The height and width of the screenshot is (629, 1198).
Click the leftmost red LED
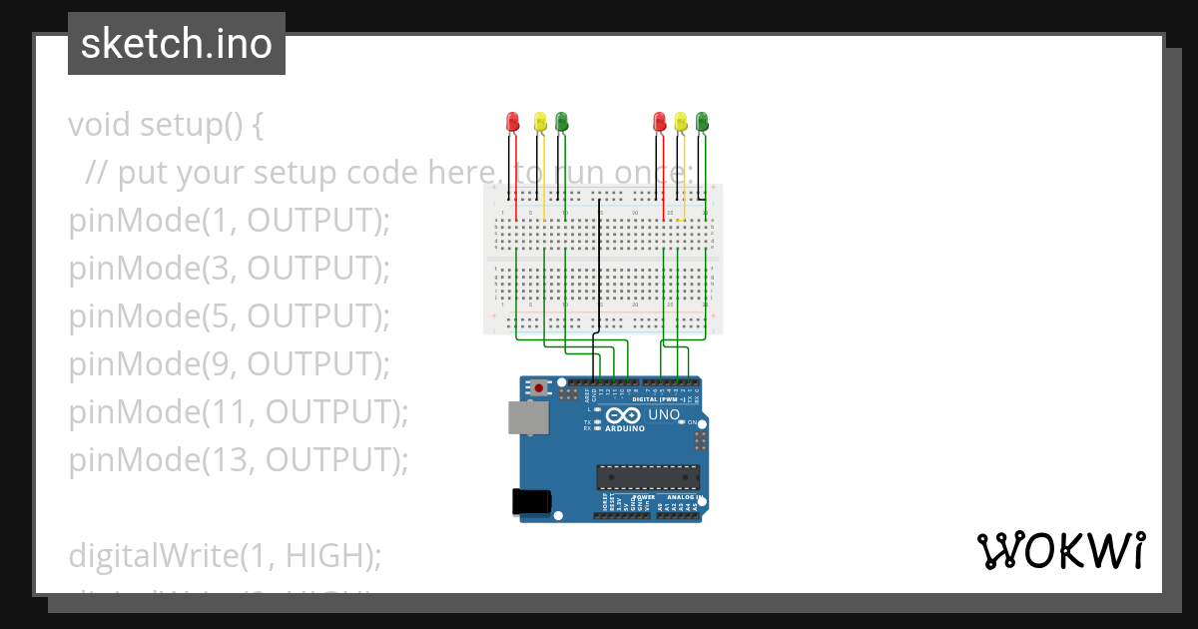pyautogui.click(x=513, y=122)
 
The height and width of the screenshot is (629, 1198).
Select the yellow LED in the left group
pyautogui.click(x=540, y=122)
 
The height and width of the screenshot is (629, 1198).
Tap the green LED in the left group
pyautogui.click(x=562, y=122)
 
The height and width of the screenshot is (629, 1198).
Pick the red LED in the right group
pyautogui.click(x=659, y=122)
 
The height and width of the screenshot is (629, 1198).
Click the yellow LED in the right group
pyautogui.click(x=681, y=122)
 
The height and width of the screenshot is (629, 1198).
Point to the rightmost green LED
pyautogui.click(x=702, y=122)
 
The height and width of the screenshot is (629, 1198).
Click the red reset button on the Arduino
pyautogui.click(x=540, y=387)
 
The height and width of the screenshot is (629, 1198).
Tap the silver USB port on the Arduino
pyautogui.click(x=527, y=418)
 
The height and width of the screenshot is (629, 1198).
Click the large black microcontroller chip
pyautogui.click(x=648, y=478)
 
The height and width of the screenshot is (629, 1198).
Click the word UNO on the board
pyautogui.click(x=664, y=415)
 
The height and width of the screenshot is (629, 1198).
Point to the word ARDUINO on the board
pyautogui.click(x=623, y=428)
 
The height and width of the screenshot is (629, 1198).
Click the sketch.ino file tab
pyautogui.click(x=177, y=44)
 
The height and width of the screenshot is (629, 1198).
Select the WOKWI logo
pyautogui.click(x=1060, y=550)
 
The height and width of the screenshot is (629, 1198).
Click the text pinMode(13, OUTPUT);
pyautogui.click(x=239, y=459)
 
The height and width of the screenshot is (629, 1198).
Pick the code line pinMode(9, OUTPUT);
pyautogui.click(x=229, y=363)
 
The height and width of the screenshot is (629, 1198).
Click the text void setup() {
pyautogui.click(x=166, y=125)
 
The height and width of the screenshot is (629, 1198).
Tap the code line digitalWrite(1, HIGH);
pyautogui.click(x=225, y=555)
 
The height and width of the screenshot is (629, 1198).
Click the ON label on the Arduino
pyautogui.click(x=692, y=422)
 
